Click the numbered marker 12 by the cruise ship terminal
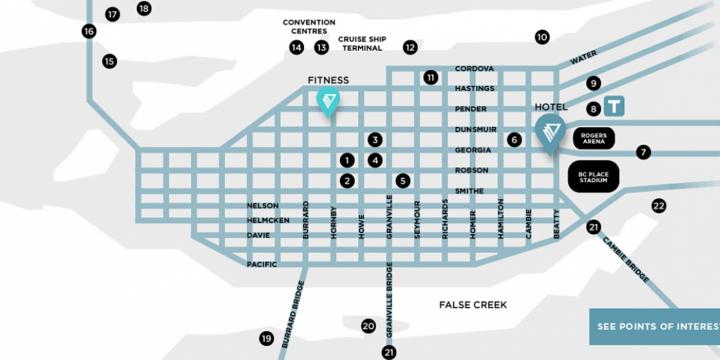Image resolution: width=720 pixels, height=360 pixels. coord(410,47)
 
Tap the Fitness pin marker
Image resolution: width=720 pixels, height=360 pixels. coord(327,101)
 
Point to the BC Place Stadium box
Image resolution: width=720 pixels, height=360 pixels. coord(595,176)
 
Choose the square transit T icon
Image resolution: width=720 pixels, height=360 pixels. coord(615,105)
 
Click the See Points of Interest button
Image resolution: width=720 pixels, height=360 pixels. coord(654,326)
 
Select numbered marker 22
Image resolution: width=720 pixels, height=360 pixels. coord(658,206)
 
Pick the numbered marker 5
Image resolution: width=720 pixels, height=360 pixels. coord(403,181)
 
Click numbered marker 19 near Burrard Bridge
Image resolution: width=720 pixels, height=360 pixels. coord(266,339)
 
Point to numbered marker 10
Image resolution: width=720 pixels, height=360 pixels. coord(542,37)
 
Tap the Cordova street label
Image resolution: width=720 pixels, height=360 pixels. coord(474,68)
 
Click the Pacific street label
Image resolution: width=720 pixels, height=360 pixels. coord(261,264)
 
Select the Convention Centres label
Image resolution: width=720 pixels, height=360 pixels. coord(309,26)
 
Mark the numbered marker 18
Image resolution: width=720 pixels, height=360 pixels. coord(144,9)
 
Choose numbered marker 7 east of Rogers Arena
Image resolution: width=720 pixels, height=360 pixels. coord(644,152)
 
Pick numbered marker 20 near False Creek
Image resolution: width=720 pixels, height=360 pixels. coord(368,326)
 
